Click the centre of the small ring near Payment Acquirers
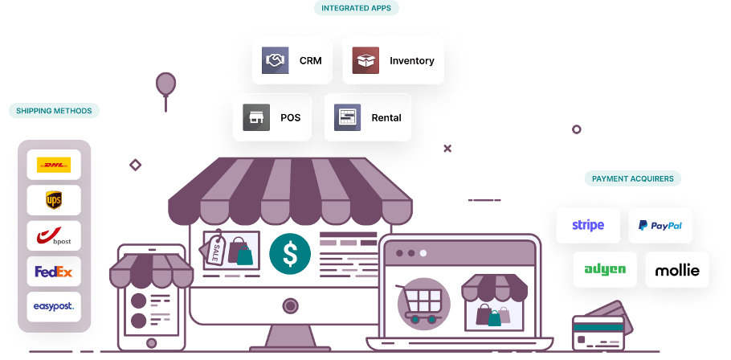pyautogui.click(x=576, y=129)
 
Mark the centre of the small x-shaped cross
pyautogui.click(x=447, y=149)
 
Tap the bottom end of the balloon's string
pyautogui.click(x=165, y=111)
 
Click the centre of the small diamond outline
pyautogui.click(x=135, y=165)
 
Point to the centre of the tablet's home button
pyautogui.click(x=151, y=343)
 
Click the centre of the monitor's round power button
pyautogui.click(x=290, y=306)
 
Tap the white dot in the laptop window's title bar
pyautogui.click(x=423, y=253)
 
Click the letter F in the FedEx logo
pyautogui.click(x=39, y=272)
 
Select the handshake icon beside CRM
pyautogui.click(x=275, y=60)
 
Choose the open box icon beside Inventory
pyautogui.click(x=365, y=60)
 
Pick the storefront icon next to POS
pyautogui.click(x=256, y=117)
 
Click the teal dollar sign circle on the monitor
pyautogui.click(x=290, y=254)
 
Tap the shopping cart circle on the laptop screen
pyautogui.click(x=424, y=304)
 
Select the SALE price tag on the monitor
pyautogui.click(x=214, y=249)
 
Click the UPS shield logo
pyautogui.click(x=54, y=200)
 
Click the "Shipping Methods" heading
pyautogui.click(x=54, y=111)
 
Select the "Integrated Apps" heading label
pyautogui.click(x=356, y=8)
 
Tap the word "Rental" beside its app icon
pyautogui.click(x=386, y=118)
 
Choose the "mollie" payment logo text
pyautogui.click(x=677, y=270)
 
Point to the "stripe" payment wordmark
pyautogui.click(x=588, y=226)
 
